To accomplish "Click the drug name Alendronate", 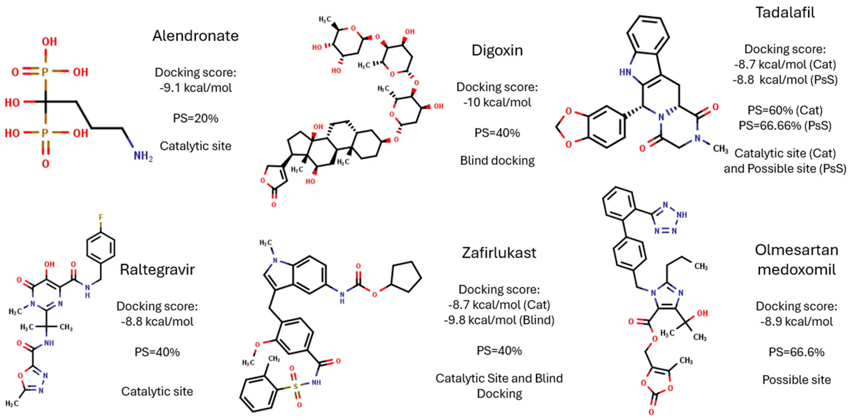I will [x=195, y=36].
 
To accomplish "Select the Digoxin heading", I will [x=497, y=50].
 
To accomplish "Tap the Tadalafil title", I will [x=785, y=13].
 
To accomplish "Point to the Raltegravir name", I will [x=157, y=270].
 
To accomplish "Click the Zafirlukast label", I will [x=499, y=253].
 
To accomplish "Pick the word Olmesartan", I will [x=796, y=250].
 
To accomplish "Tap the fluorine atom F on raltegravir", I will [x=101, y=217].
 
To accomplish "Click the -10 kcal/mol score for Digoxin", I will [x=497, y=102].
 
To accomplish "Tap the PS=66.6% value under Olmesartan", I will [x=796, y=352].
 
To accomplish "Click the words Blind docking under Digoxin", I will [x=497, y=161].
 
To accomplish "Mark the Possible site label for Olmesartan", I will [x=796, y=380].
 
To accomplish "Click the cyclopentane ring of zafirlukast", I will [x=406, y=277].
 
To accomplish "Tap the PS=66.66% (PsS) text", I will [x=785, y=126].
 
